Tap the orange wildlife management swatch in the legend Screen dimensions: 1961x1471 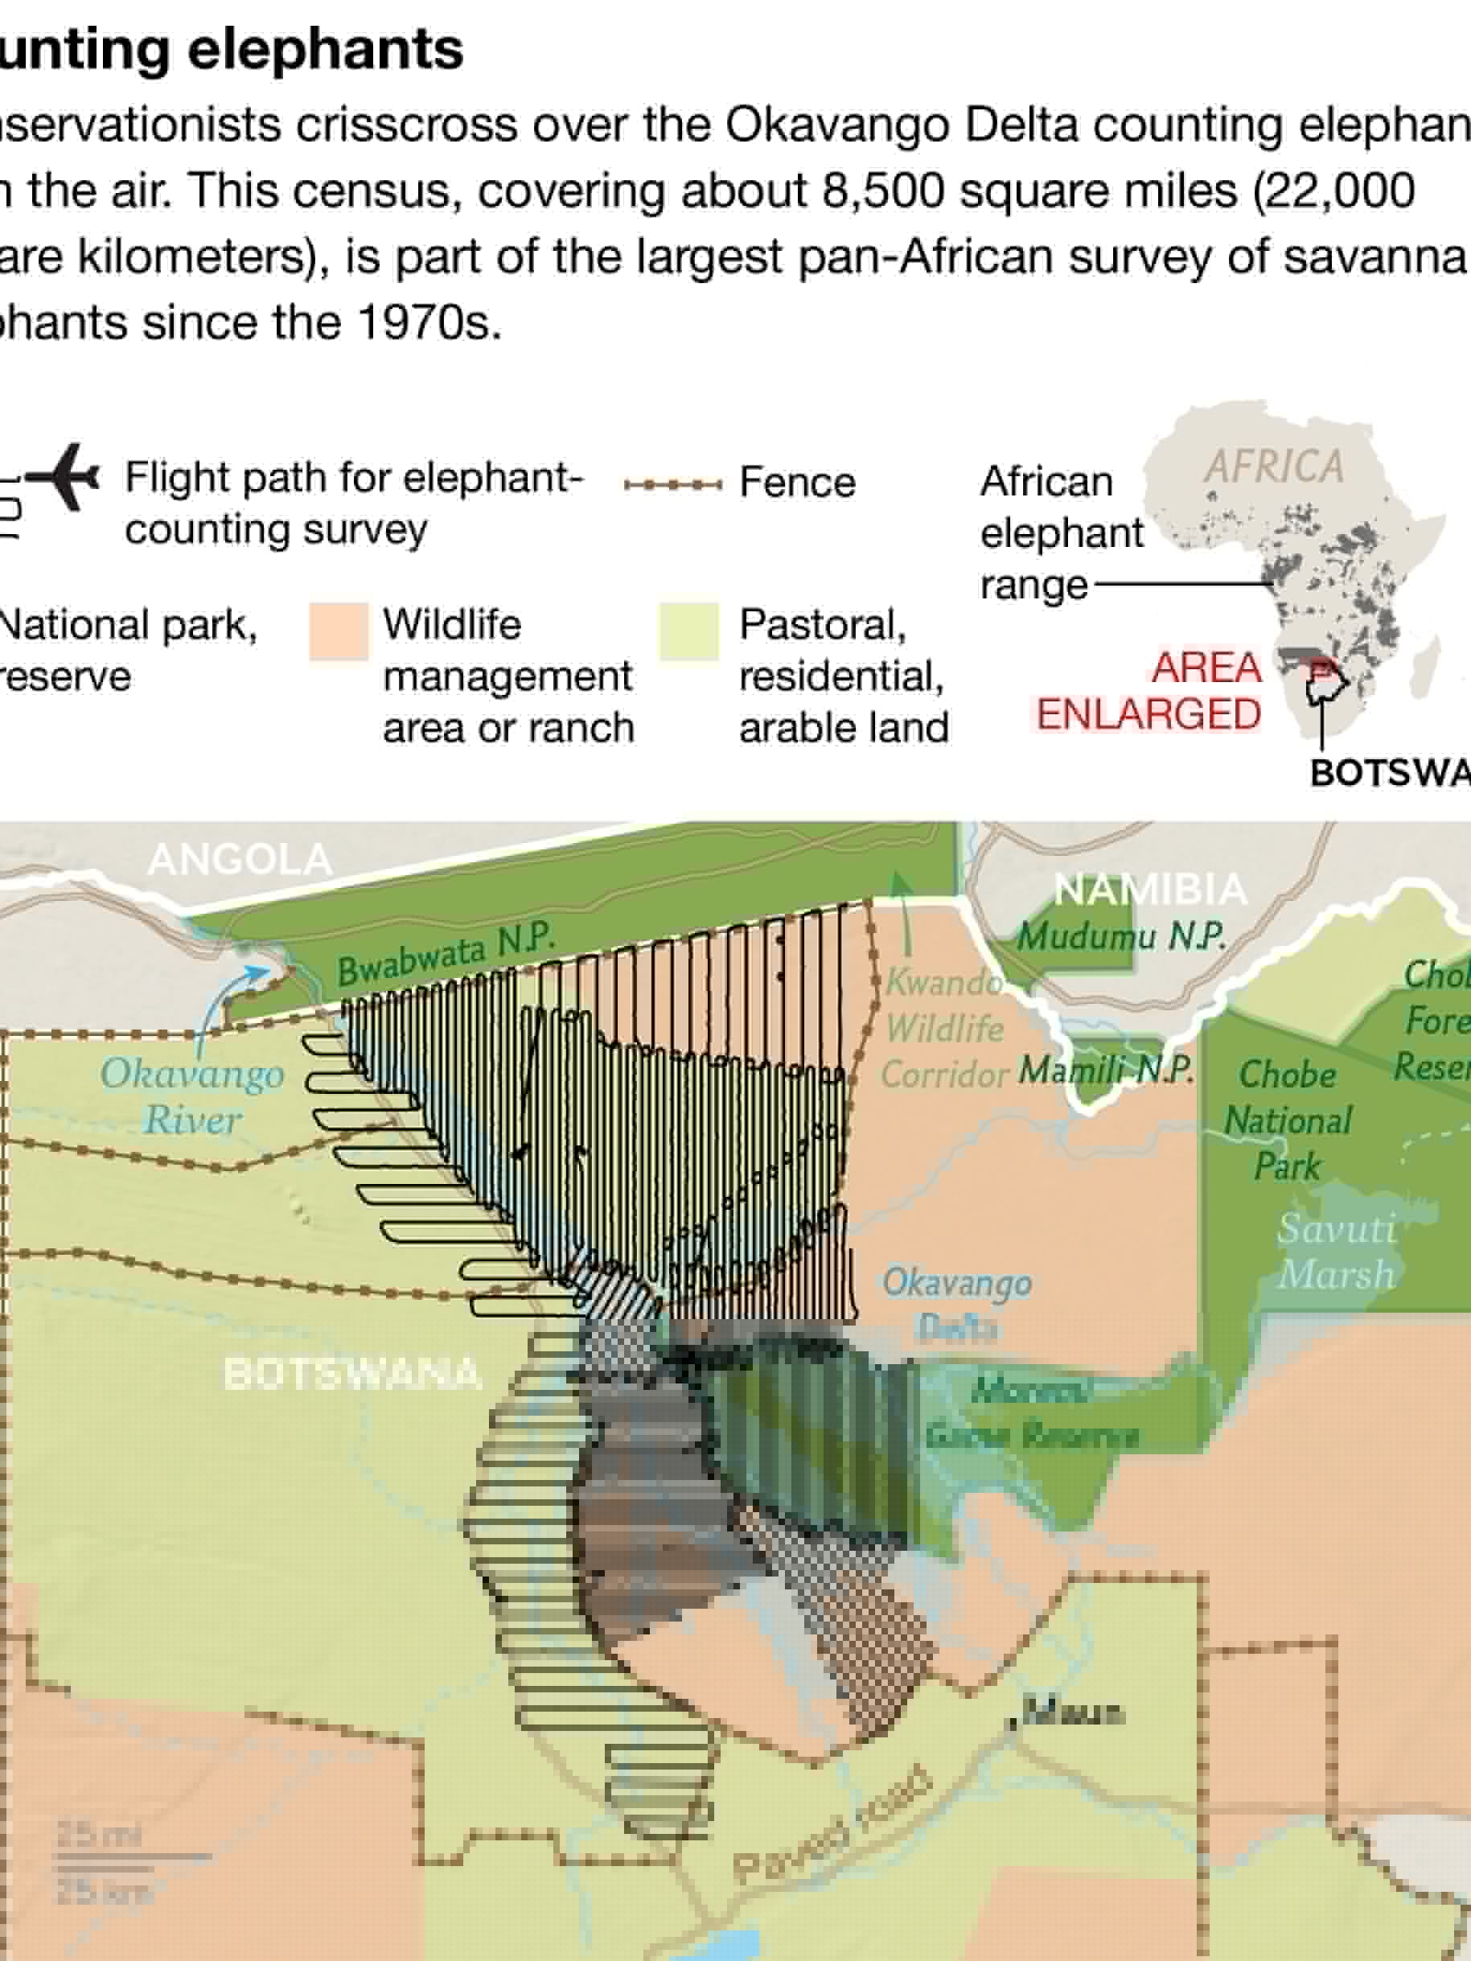(339, 631)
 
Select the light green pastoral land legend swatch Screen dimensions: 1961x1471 (689, 631)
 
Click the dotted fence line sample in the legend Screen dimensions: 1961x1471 (672, 484)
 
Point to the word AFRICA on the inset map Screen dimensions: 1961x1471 (1273, 467)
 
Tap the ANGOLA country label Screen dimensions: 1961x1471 (240, 859)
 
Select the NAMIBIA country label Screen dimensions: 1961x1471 (1150, 888)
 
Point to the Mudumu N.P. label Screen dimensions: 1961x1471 (1122, 936)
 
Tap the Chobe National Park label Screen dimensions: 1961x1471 (1288, 1120)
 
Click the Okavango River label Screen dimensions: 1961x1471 (192, 1096)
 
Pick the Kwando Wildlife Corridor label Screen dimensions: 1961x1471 (945, 1029)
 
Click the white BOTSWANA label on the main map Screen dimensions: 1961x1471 (352, 1374)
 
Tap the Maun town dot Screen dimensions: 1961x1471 (1013, 1723)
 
